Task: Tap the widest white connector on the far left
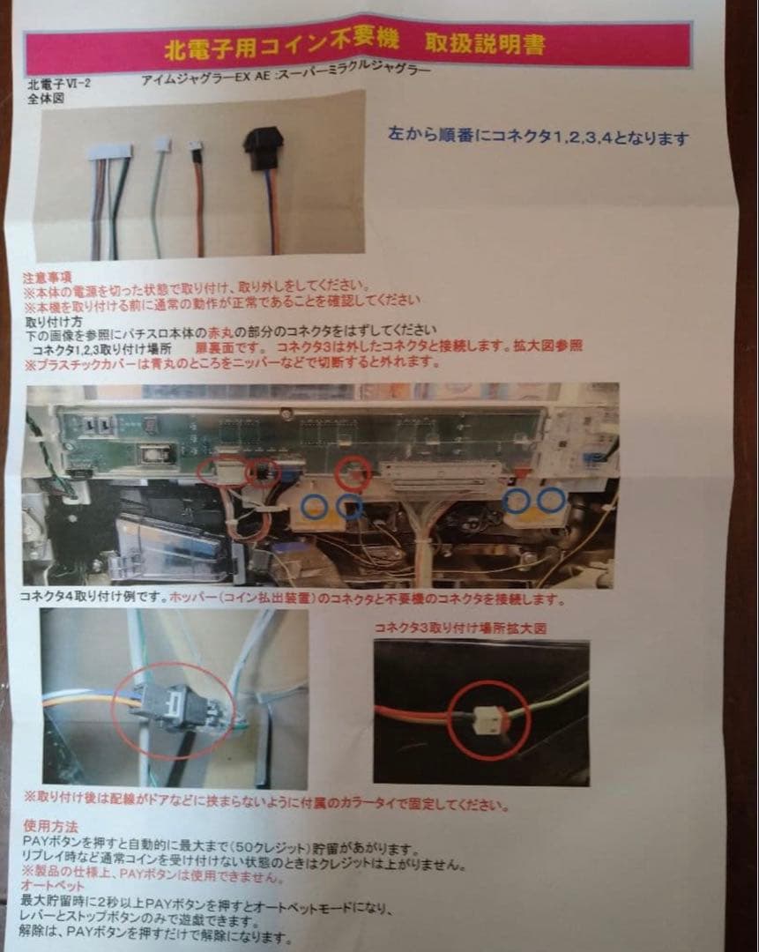[110, 152]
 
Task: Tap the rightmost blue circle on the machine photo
[553, 500]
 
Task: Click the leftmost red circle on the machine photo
[221, 472]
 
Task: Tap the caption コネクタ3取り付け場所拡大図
[461, 628]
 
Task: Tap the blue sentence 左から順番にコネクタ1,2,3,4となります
[539, 138]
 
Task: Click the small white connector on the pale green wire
[162, 144]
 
